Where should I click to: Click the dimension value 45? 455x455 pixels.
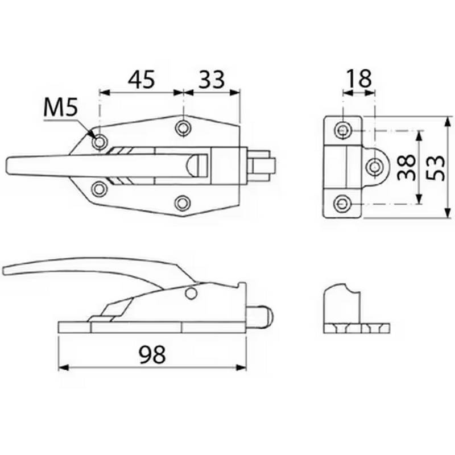tap(140, 80)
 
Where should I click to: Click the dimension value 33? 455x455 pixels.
tap(210, 80)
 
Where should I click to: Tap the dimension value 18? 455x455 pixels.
tap(358, 79)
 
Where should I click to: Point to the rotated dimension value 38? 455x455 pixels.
tap(406, 167)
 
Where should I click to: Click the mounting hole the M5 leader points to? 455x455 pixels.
tap(100, 142)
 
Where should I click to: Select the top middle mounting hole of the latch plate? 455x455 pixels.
tap(183, 127)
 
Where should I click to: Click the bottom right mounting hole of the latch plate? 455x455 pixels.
tap(183, 202)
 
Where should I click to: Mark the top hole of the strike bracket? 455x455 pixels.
tap(343, 131)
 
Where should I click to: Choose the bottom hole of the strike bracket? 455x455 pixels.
tap(343, 203)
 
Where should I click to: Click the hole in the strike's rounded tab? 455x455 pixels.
tap(375, 167)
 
